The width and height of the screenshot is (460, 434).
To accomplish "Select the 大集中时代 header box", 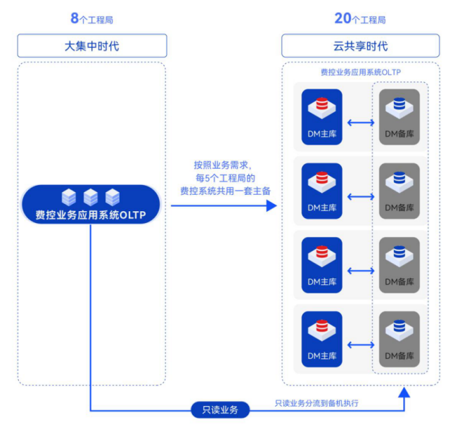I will pyautogui.click(x=92, y=46).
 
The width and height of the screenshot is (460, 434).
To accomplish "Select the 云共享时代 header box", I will pyautogui.click(x=360, y=46).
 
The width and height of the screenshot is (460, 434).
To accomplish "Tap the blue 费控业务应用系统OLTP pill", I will pyautogui.click(x=91, y=205).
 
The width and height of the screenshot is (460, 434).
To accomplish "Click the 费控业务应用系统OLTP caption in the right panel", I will pyautogui.click(x=361, y=72).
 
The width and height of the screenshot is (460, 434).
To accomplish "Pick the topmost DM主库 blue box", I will pyautogui.click(x=322, y=117).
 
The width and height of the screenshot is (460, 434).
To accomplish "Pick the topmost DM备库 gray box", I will pyautogui.click(x=400, y=117).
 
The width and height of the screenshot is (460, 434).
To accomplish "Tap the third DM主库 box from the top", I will pyautogui.click(x=322, y=265).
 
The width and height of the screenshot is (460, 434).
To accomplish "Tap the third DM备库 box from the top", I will pyautogui.click(x=400, y=265).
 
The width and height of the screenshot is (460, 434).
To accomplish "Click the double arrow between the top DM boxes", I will pyautogui.click(x=361, y=122).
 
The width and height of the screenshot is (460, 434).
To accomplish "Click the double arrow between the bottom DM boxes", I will pyautogui.click(x=361, y=345).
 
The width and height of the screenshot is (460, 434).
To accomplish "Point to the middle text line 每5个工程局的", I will pyautogui.click(x=222, y=178).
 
